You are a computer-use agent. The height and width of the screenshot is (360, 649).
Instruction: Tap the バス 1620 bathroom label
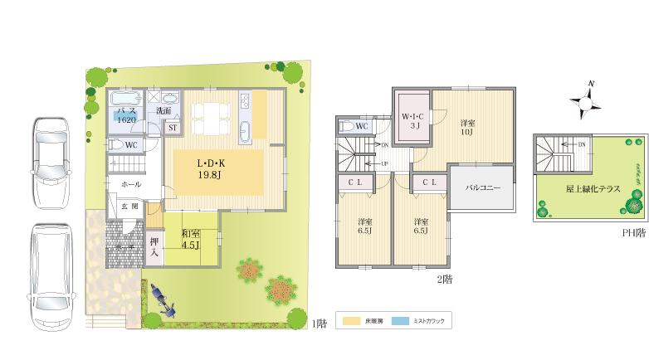(x=126, y=115)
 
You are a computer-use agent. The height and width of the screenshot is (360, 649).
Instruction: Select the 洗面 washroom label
(x=163, y=110)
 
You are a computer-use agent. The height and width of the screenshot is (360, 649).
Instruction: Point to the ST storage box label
(x=173, y=128)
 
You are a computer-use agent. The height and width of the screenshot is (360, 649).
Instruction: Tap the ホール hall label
(x=131, y=183)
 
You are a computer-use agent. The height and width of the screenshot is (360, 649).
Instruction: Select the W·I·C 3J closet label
(x=412, y=121)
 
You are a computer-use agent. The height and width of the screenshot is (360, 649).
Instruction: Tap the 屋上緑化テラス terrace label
(x=593, y=189)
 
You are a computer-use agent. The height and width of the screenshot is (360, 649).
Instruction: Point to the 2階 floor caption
(x=444, y=280)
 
